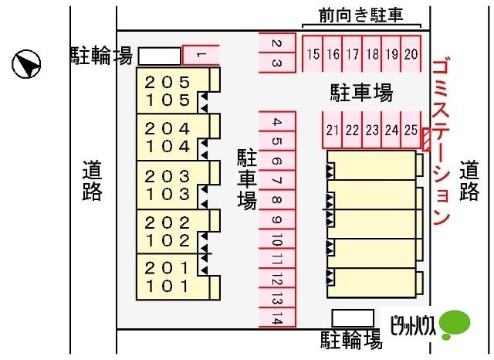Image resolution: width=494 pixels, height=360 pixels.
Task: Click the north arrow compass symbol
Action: tap(26, 64)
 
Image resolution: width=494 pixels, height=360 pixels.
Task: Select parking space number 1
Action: tap(201, 55)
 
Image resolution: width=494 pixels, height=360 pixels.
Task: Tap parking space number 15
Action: tap(313, 53)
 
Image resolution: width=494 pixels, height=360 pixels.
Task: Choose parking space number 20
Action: tap(411, 53)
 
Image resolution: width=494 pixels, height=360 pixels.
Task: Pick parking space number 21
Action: tap(332, 130)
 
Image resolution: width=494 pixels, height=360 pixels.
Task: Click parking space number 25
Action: tap(411, 130)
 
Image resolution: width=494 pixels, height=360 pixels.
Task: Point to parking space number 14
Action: tap(277, 318)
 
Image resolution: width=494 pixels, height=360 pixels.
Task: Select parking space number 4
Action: tap(277, 121)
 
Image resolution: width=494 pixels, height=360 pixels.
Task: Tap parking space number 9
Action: tap(277, 219)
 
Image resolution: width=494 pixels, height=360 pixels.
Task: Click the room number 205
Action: tap(167, 83)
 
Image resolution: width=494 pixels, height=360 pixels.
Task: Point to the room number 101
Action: tap(167, 287)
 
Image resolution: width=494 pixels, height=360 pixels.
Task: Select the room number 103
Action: tap(167, 194)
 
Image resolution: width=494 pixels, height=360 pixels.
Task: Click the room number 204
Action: tap(167, 129)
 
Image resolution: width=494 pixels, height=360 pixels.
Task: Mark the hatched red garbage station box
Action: tap(426, 139)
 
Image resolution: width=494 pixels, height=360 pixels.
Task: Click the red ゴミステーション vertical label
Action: tap(441, 141)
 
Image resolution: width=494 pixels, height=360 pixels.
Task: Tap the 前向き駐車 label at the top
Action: tap(361, 15)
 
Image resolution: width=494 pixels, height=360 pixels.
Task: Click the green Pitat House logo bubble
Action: tap(455, 324)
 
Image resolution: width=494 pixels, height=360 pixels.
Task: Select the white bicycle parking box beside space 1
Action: tap(160, 56)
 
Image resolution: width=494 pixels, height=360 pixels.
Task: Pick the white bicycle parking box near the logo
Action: tap(354, 318)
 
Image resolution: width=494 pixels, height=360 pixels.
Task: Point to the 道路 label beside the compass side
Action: tap(92, 180)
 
